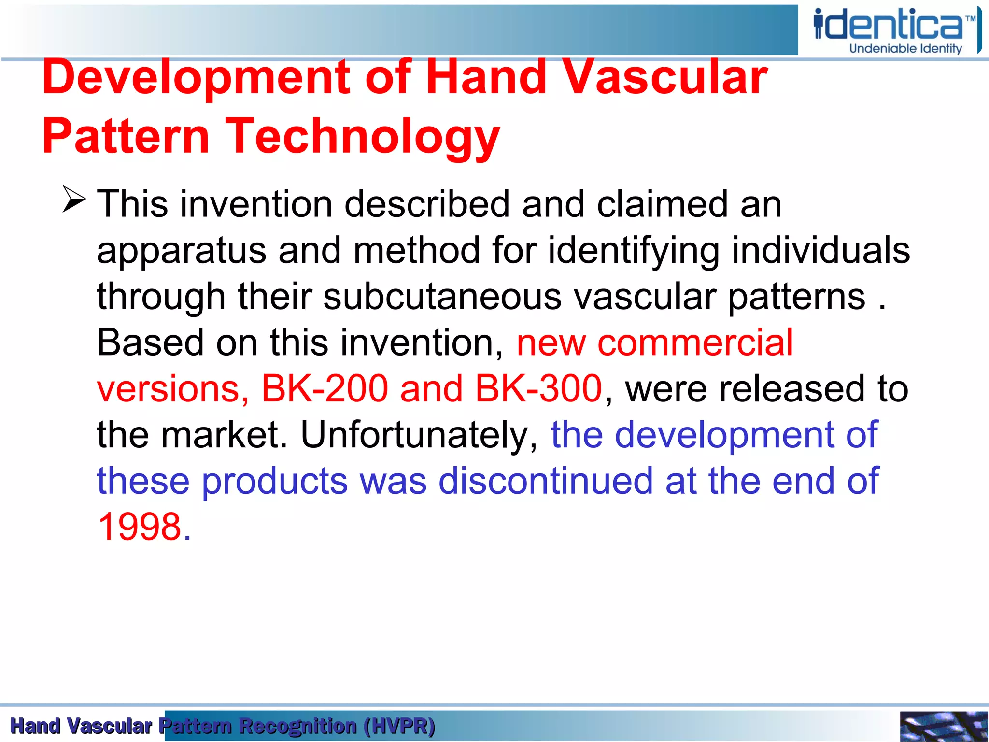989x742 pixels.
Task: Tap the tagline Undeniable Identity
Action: pyautogui.click(x=905, y=49)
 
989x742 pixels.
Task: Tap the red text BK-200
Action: pyautogui.click(x=325, y=388)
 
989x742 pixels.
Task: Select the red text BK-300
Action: pyautogui.click(x=538, y=388)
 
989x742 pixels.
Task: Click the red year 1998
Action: pyautogui.click(x=140, y=527)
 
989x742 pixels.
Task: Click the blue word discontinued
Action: pyautogui.click(x=546, y=481)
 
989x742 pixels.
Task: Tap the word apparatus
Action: pyautogui.click(x=182, y=251)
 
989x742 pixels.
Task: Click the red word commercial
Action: pyautogui.click(x=695, y=342)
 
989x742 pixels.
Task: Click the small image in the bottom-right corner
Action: pyautogui.click(x=944, y=726)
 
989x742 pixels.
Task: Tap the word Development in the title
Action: pyautogui.click(x=196, y=77)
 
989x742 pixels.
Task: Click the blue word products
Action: pyautogui.click(x=274, y=481)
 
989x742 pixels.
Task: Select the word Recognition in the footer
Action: pyautogui.click(x=298, y=726)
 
